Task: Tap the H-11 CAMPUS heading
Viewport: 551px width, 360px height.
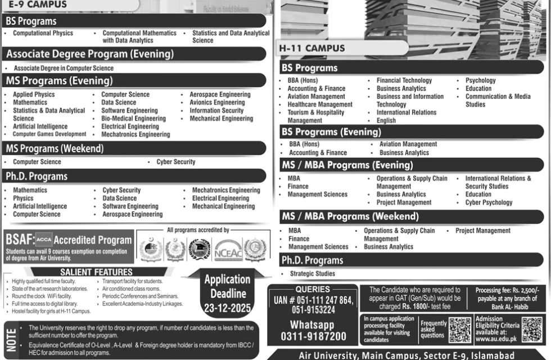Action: click(312, 48)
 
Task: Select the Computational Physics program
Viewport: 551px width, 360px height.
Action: click(43, 33)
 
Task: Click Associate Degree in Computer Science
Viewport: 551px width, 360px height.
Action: click(64, 68)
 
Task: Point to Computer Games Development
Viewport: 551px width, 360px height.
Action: click(49, 134)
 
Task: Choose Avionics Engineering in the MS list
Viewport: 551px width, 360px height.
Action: click(217, 103)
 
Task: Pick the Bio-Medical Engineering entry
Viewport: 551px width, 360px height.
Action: click(133, 119)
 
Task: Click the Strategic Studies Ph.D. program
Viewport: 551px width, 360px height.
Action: click(312, 273)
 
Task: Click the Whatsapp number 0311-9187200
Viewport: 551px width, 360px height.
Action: click(311, 336)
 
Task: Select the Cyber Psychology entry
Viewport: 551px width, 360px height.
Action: click(489, 202)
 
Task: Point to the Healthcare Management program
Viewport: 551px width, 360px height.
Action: click(320, 105)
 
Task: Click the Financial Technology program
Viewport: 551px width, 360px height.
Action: click(404, 80)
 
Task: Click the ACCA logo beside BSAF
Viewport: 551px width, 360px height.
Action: click(43, 238)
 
